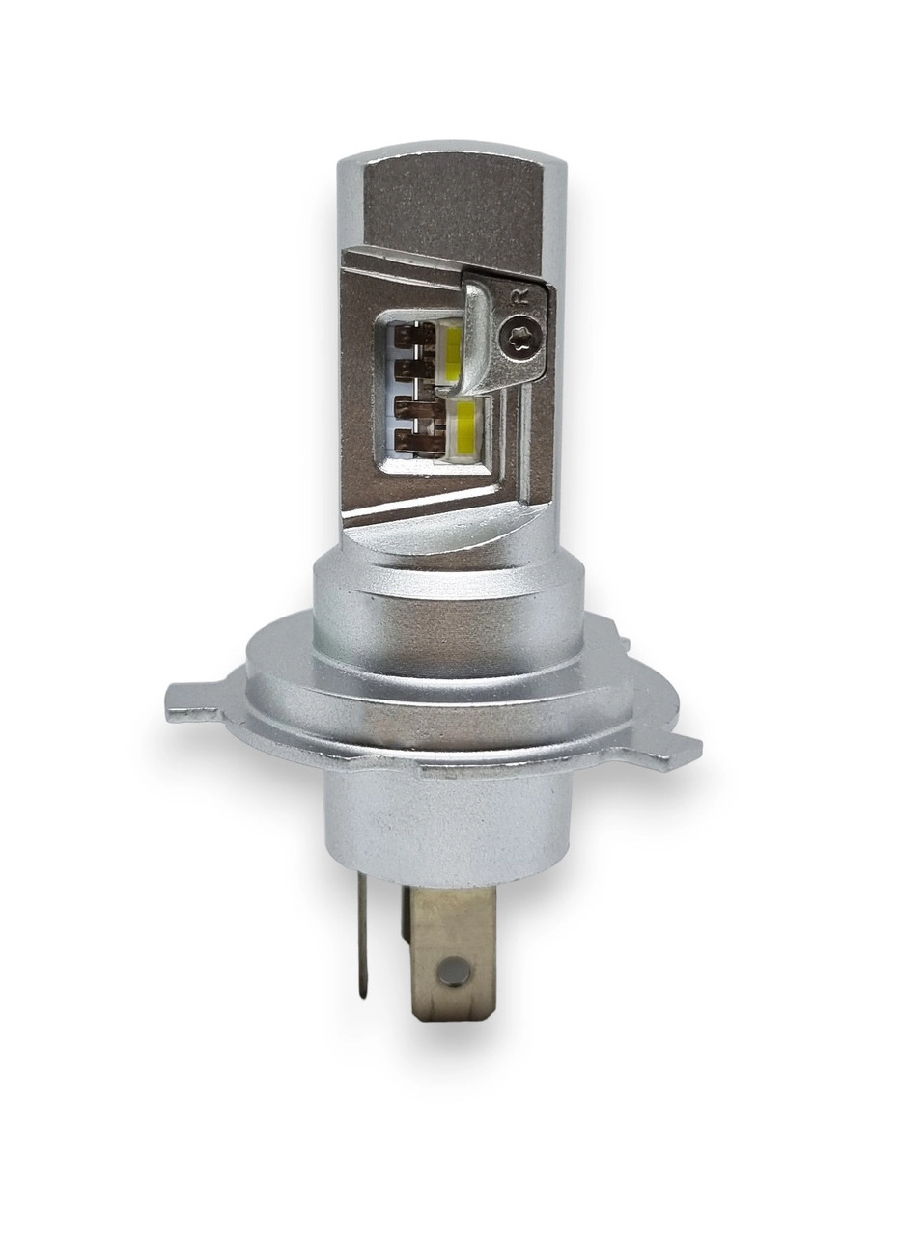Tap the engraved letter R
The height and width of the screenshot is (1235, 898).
[520, 295]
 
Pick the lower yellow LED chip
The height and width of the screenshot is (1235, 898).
[463, 423]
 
